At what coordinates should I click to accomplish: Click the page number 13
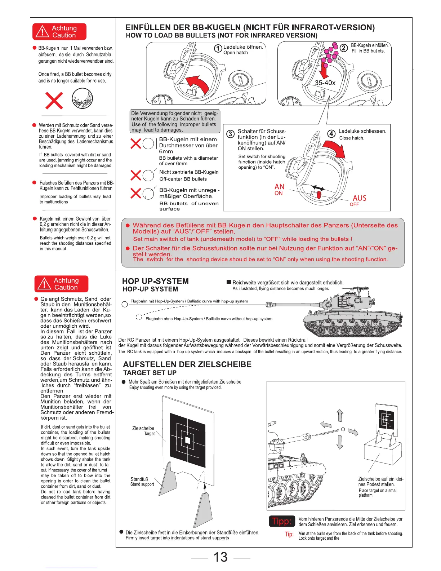point(220,557)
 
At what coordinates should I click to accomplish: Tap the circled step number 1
point(218,48)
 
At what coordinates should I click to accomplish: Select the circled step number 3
point(230,134)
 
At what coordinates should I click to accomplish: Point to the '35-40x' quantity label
point(325,83)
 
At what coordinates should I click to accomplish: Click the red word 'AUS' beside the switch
point(359,198)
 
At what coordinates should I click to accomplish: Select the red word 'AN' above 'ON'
point(279,187)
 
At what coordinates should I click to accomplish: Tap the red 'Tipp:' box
point(282,521)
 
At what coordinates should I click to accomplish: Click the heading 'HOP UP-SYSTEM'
point(155,282)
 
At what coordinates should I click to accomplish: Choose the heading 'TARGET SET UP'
point(150,373)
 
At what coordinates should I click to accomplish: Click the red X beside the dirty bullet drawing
point(54,100)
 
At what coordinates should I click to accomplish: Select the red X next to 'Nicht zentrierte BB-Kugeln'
point(135,176)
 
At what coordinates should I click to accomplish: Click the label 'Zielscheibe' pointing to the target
point(143,428)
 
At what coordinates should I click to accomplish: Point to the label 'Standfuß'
point(139,479)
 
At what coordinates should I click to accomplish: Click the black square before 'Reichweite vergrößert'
point(229,283)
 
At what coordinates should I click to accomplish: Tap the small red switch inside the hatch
point(319,195)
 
